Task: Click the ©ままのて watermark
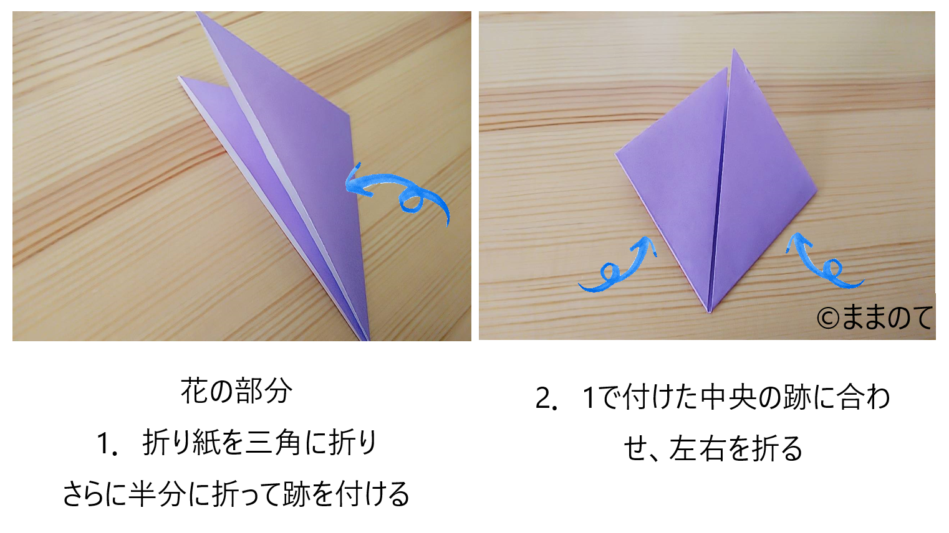(x=875, y=318)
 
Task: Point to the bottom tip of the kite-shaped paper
(x=709, y=313)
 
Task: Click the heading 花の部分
(x=236, y=391)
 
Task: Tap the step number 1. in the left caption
(x=107, y=444)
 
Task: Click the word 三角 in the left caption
(x=274, y=443)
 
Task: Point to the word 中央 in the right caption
(x=728, y=398)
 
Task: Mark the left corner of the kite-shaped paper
(x=615, y=155)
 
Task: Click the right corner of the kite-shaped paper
(x=816, y=192)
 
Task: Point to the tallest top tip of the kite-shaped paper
(x=734, y=49)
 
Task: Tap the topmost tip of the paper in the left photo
(x=197, y=12)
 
